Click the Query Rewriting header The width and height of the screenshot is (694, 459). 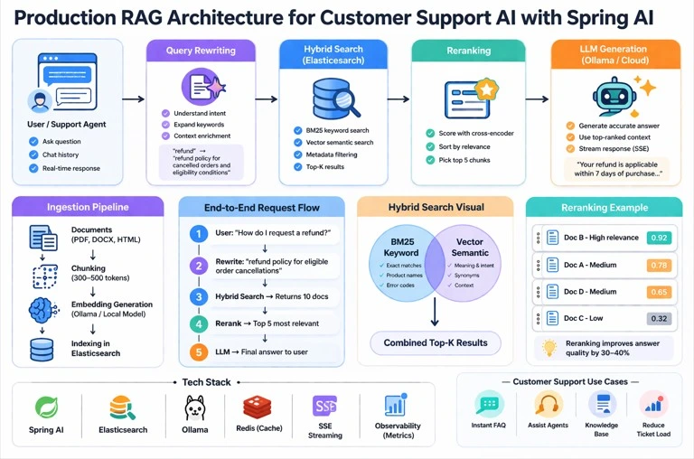[201, 51]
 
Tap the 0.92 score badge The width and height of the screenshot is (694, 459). [658, 239]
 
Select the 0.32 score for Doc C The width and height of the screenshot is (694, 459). [658, 318]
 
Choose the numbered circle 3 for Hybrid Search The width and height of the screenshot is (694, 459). [199, 296]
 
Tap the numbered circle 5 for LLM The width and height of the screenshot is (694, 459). [199, 352]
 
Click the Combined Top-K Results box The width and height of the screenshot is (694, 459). [436, 342]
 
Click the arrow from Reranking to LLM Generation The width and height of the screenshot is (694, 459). [536, 100]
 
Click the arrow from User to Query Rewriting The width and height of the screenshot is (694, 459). [132, 100]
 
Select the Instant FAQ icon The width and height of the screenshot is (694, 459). [489, 404]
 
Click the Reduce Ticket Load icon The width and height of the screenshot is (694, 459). [652, 404]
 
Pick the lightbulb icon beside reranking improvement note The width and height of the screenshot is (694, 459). [548, 348]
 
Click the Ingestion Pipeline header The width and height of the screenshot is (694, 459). [88, 207]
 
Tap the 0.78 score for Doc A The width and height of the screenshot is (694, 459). [658, 266]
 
